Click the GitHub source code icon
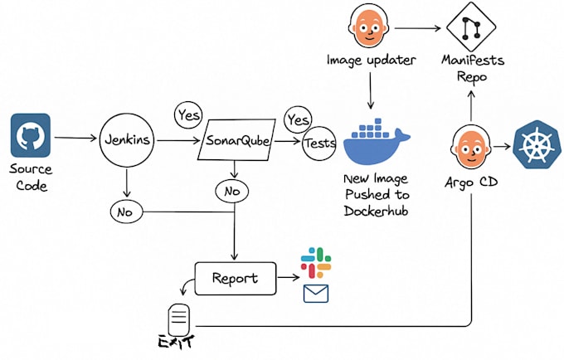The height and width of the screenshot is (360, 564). tap(32, 136)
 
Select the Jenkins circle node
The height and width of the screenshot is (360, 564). tap(127, 140)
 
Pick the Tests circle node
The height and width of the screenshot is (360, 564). tap(319, 143)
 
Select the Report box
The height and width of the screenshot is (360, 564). tap(234, 279)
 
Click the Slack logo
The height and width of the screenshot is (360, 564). tap(316, 262)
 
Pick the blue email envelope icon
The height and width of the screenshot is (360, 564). tap(315, 294)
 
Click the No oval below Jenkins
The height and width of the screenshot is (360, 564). tap(126, 212)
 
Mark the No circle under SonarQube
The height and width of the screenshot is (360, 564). tap(231, 192)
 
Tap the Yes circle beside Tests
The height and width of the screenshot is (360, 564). tap(298, 120)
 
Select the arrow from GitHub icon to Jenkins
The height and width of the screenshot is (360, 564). tap(75, 138)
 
